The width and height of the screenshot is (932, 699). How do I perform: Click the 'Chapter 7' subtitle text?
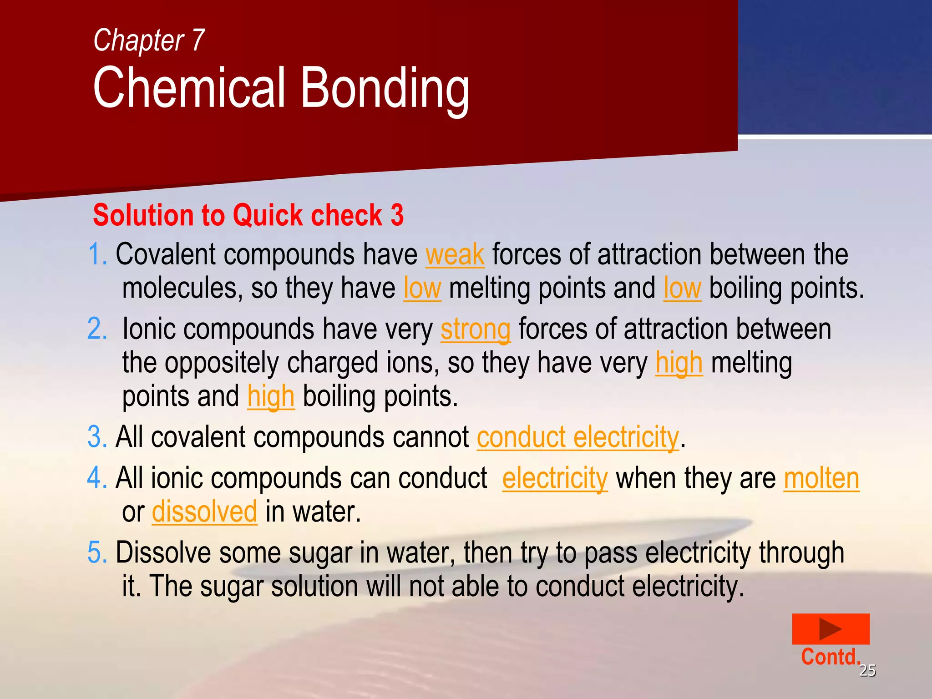(149, 41)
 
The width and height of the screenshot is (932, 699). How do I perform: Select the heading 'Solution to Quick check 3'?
(248, 215)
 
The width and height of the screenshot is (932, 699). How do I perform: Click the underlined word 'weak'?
(455, 254)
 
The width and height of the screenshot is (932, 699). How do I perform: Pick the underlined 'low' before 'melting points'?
(422, 289)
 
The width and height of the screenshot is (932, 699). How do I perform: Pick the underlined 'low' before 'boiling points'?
(682, 289)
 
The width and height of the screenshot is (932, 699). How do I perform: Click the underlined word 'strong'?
(475, 329)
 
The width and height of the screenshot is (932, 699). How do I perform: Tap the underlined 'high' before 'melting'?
(679, 363)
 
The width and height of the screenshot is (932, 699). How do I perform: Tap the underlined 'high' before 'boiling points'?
(271, 397)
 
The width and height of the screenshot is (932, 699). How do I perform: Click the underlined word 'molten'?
(821, 479)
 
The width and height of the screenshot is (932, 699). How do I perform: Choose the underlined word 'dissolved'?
(204, 512)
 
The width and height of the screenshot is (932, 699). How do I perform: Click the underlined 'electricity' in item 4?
(555, 479)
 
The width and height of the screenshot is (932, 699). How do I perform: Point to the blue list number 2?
(96, 329)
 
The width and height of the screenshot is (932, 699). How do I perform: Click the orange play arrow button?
(831, 629)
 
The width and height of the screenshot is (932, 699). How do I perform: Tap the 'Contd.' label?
(830, 657)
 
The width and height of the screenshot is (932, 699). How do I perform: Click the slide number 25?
(867, 670)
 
